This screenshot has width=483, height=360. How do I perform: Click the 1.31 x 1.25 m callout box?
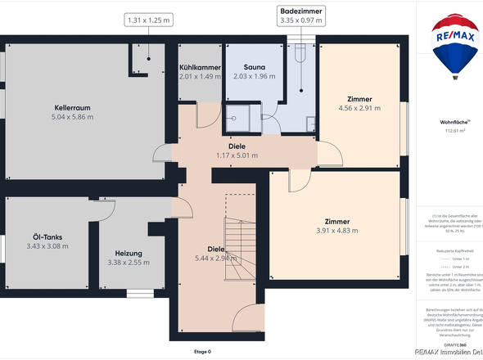point(148,19)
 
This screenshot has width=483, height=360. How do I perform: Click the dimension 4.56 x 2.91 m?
point(359,108)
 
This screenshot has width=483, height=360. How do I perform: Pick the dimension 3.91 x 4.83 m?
point(336,231)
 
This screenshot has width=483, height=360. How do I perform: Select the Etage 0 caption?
point(201,352)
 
